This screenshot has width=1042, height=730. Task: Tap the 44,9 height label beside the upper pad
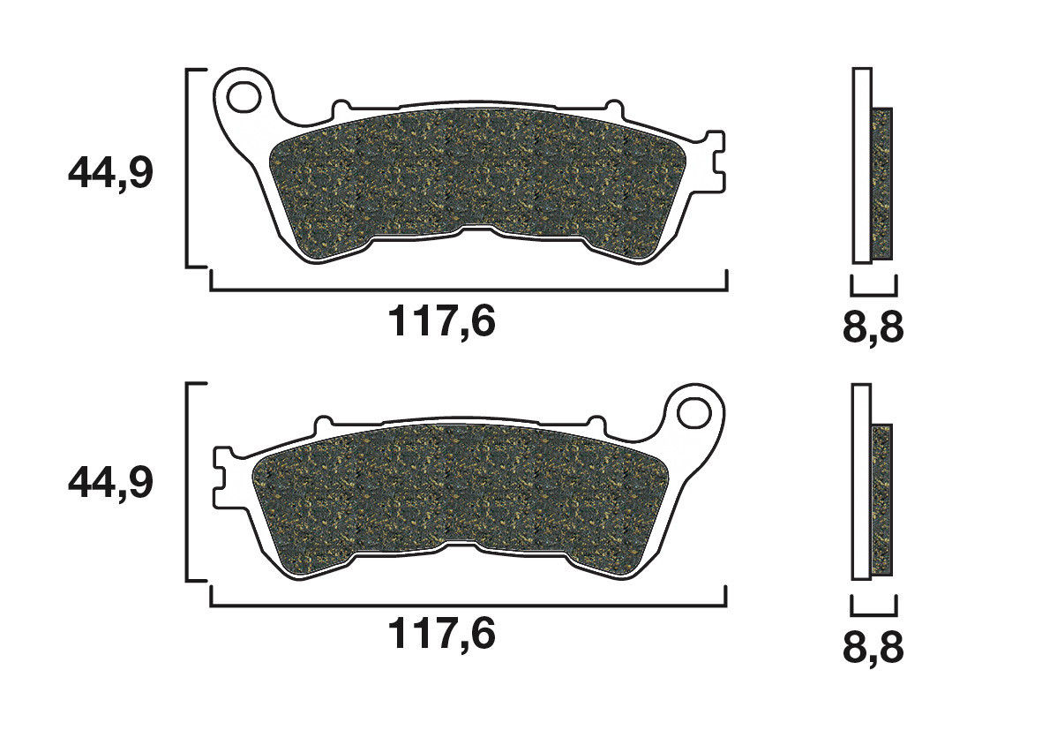(110, 174)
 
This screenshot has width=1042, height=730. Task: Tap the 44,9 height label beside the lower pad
(110, 482)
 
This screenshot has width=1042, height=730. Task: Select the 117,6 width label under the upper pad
(442, 321)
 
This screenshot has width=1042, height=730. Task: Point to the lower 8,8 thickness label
(873, 646)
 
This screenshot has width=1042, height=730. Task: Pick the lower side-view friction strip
(882, 500)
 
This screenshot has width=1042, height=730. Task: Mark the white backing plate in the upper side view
(862, 165)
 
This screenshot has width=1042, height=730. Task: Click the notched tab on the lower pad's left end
(222, 474)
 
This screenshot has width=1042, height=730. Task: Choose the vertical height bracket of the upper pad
(190, 167)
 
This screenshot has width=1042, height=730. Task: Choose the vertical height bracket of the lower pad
(190, 482)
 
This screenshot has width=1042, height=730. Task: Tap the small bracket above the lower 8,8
(873, 607)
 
